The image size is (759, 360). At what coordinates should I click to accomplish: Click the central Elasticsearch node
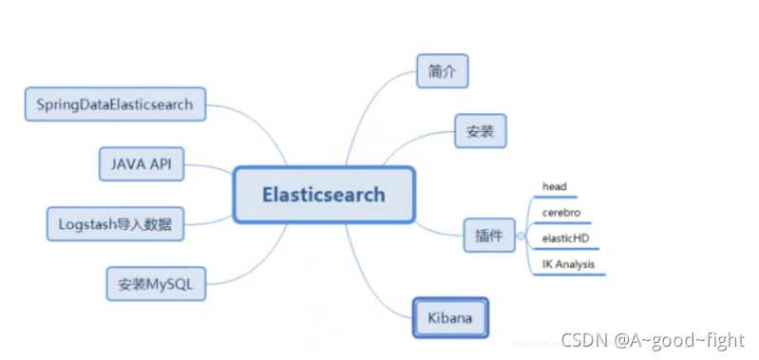point(324,195)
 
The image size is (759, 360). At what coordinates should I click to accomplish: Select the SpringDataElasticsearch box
point(114,104)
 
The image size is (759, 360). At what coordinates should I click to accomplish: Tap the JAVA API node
point(142,163)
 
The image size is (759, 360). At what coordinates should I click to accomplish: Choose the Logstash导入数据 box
point(115,225)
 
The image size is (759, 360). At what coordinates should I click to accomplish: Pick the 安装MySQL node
point(155,284)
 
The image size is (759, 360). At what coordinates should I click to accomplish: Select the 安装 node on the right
point(480,131)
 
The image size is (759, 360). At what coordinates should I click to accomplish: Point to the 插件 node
point(488,234)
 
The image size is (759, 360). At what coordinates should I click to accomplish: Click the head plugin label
point(554,187)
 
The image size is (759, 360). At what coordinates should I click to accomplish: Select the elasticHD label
point(564,238)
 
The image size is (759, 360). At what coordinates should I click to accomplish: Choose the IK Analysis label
point(569,264)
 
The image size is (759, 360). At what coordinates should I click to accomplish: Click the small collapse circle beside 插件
point(519,234)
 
